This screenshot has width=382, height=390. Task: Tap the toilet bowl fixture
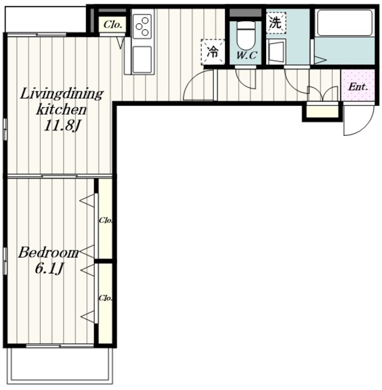[x=246, y=35]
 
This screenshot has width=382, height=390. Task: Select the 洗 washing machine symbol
[x=276, y=23]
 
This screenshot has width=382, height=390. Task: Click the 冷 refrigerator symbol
[x=213, y=52]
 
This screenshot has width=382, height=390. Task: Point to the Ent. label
[x=358, y=87]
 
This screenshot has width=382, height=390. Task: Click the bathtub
[x=344, y=23]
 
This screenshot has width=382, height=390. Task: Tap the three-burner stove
[x=142, y=26]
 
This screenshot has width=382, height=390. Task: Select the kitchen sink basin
[x=142, y=59]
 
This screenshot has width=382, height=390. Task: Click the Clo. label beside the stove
[x=113, y=24]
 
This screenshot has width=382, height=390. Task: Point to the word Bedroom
[x=49, y=253]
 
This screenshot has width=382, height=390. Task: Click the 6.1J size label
[x=49, y=269]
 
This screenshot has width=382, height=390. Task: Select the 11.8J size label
[x=62, y=126]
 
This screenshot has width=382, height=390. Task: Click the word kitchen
[x=62, y=110]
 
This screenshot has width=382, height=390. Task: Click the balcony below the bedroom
[x=60, y=366]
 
